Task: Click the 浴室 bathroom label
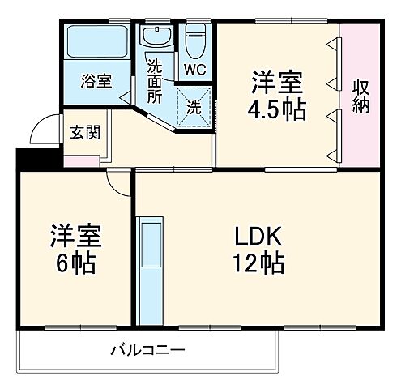tap(95, 81)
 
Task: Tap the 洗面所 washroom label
tap(154, 79)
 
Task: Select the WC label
tap(194, 69)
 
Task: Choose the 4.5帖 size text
tap(279, 109)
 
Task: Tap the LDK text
tap(258, 237)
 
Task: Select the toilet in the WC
tap(195, 41)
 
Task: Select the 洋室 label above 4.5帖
tap(279, 83)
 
